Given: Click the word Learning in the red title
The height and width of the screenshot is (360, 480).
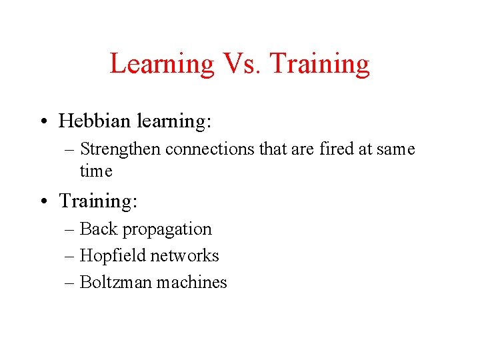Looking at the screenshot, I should point(161,64).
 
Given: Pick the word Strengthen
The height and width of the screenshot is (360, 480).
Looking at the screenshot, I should point(120,149).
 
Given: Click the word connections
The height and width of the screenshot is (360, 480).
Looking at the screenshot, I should point(210,149).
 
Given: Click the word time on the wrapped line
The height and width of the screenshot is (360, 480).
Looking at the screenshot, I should point(96,171).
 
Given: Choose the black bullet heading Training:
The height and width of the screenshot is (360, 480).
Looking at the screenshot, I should point(97,201).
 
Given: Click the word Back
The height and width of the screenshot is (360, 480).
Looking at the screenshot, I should point(98,229).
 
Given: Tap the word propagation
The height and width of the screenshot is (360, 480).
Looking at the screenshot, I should point(167,229).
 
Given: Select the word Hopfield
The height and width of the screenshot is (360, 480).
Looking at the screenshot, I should point(113,255).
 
